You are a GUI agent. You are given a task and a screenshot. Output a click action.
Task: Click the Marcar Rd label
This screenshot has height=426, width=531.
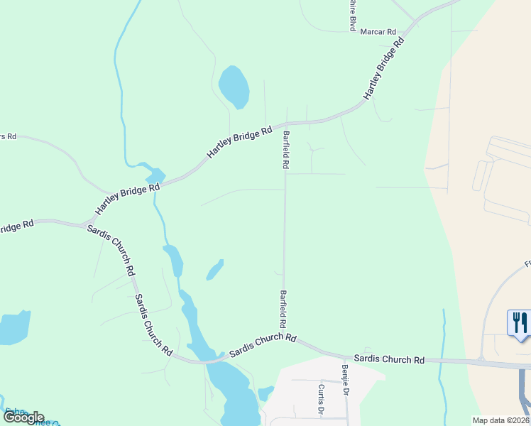coord(378,32)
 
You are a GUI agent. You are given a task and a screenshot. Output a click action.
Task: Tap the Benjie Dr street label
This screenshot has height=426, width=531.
coord(345,381)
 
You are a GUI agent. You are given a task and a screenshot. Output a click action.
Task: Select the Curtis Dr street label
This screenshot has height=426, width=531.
coord(321,399)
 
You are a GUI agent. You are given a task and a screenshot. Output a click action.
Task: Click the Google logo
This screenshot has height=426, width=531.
coord(23,417)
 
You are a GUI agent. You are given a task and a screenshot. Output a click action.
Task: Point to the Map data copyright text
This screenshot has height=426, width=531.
coord(501,420)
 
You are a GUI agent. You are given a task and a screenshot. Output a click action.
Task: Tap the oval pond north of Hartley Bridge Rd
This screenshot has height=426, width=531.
coord(234,87)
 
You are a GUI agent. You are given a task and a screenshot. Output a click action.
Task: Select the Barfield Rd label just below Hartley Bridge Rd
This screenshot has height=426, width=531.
coord(285,150)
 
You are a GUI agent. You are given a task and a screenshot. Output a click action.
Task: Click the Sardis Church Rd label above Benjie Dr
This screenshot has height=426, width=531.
coord(389,359)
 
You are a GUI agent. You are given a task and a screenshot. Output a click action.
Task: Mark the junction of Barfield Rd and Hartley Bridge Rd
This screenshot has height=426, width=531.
coord(286,124)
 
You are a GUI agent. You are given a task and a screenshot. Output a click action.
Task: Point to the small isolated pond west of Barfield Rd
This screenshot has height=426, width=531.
coord(214,271)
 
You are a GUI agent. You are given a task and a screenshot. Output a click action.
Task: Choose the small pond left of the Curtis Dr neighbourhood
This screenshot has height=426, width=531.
coord(265,393)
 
